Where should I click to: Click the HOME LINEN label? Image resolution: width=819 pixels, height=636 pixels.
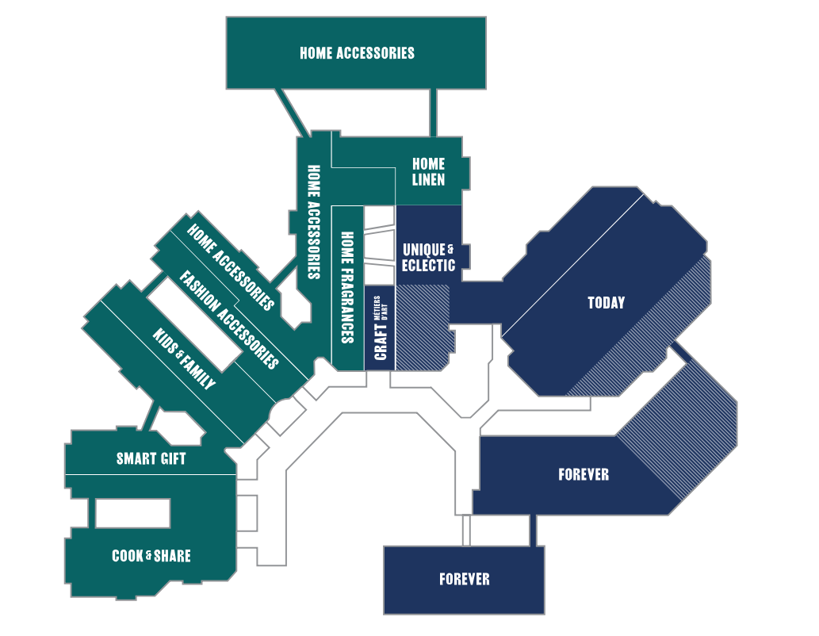click(428, 172)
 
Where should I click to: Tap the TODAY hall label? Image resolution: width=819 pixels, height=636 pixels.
click(606, 303)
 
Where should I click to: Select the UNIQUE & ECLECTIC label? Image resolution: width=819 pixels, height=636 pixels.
click(428, 258)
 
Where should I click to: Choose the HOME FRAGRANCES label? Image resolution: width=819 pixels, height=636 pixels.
click(346, 287)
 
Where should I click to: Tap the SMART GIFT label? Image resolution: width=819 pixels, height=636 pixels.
click(151, 458)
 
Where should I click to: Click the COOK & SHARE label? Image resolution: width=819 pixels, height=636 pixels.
click(151, 556)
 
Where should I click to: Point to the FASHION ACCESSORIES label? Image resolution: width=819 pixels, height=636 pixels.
click(229, 320)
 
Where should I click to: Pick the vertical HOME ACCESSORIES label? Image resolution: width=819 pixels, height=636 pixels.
click(313, 222)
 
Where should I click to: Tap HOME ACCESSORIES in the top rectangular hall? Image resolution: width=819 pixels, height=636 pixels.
click(357, 53)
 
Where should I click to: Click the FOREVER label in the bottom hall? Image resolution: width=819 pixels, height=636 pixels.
click(464, 580)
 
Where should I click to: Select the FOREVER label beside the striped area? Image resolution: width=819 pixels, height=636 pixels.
click(583, 475)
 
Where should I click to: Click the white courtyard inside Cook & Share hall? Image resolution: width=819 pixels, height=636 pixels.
click(132, 513)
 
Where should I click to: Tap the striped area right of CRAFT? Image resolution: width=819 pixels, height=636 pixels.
click(422, 327)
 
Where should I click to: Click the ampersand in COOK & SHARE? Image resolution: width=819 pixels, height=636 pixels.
click(148, 557)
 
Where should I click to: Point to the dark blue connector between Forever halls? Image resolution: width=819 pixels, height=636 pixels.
click(534, 530)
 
